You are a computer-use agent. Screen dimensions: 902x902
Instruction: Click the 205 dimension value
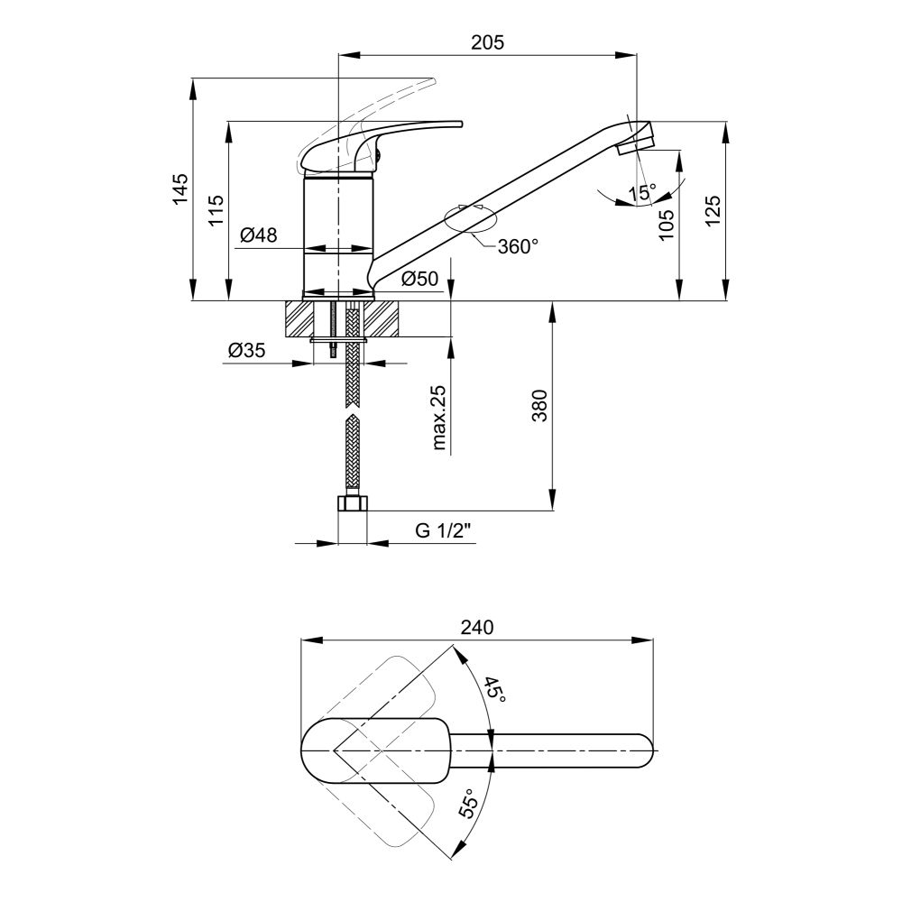487,42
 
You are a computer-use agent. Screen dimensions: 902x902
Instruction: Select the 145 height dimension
180,189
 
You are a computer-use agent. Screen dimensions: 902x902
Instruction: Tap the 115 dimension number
216,210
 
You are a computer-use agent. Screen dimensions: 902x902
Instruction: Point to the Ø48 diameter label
258,235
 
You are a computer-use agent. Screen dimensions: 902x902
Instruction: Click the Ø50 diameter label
419,279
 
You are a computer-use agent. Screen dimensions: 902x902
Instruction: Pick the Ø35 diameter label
247,350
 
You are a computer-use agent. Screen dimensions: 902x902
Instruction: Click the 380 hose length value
539,406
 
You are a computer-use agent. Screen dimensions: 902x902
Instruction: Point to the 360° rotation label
518,247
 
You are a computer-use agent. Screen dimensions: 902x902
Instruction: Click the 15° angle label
642,193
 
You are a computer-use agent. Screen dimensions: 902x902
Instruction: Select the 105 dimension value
666,224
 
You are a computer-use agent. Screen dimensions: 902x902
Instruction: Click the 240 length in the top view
477,627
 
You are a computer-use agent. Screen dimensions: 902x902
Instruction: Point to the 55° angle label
469,803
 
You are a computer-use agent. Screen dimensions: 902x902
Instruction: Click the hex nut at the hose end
352,504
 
